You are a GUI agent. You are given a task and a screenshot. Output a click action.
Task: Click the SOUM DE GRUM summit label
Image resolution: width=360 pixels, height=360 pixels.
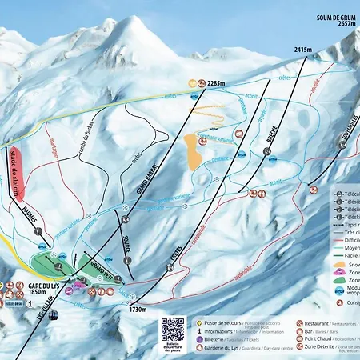click(334, 20)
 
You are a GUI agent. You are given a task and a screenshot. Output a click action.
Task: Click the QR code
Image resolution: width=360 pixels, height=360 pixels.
click(172, 329)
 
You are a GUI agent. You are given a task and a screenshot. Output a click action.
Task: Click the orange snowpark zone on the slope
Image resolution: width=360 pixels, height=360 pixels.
click(193, 150)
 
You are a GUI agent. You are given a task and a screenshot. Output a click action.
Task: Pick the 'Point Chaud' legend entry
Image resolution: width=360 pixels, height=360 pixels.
click(320, 338)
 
